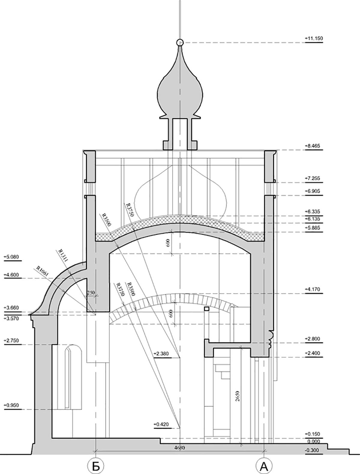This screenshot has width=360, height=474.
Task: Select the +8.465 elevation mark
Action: (x=312, y=146)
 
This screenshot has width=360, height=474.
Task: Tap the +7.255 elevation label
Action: (x=312, y=178)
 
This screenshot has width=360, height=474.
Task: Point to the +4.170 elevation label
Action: (x=312, y=289)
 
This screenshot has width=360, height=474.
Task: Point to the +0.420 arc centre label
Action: (x=161, y=424)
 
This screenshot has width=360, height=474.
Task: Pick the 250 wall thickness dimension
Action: (x=91, y=292)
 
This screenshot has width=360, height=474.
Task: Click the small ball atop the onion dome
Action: (x=180, y=43)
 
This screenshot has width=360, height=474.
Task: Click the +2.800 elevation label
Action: (x=312, y=339)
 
